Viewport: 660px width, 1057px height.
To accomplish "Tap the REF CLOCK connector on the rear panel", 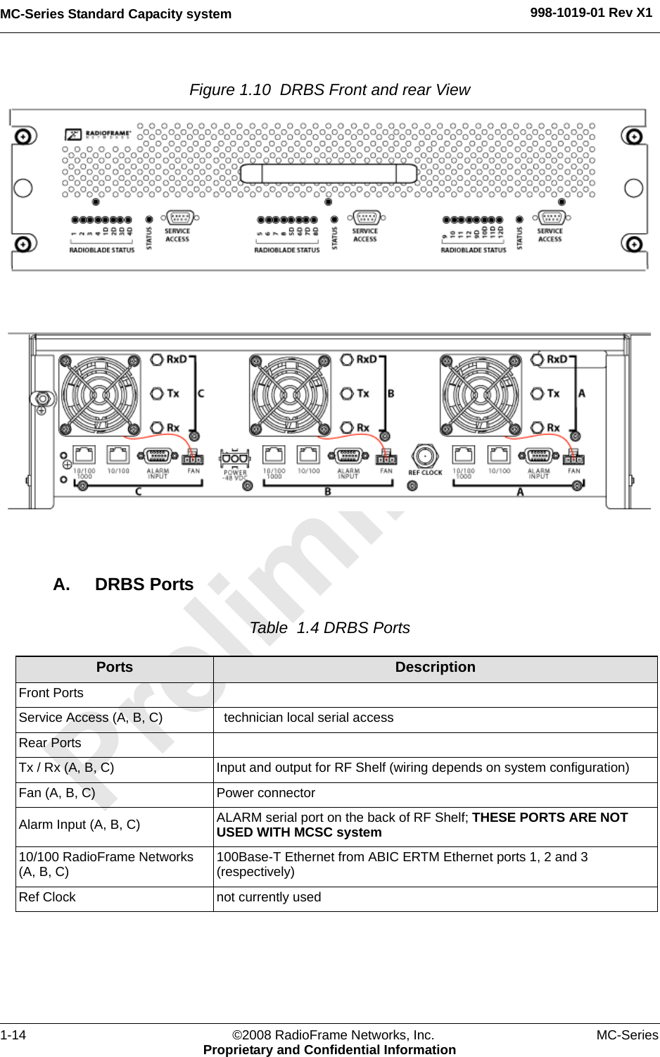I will [425, 456].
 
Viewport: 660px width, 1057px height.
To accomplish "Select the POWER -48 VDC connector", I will [235, 458].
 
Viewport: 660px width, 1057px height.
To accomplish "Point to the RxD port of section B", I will [347, 360].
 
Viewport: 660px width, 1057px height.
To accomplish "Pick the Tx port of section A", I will [538, 394].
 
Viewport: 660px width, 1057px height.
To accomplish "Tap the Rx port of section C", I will [157, 427].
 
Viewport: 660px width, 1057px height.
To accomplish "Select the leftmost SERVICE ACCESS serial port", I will [180, 218].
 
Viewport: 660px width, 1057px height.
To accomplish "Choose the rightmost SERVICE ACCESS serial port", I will [552, 218].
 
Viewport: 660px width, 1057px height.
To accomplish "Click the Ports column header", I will [115, 668].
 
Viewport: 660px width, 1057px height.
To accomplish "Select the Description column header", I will [435, 668].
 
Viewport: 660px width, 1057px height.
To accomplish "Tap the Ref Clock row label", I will [47, 897].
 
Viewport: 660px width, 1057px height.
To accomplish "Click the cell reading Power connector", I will [266, 793].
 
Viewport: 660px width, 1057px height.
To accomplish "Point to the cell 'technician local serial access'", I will [308, 718].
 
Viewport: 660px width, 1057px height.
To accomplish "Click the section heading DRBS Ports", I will [144, 584].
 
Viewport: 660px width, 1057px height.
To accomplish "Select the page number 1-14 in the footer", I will [13, 1034].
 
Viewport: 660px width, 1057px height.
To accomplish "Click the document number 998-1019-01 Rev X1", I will [591, 13].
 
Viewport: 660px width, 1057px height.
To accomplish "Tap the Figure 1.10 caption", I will [329, 90].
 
